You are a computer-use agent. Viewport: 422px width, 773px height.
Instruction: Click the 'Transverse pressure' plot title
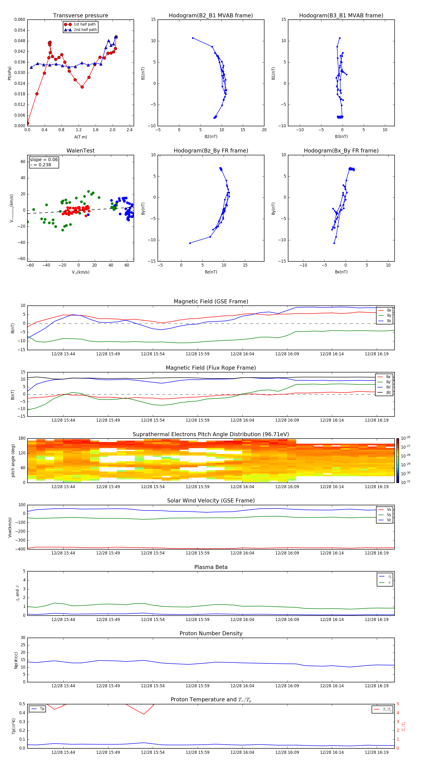(80, 16)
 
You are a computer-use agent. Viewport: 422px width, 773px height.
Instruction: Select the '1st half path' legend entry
(84, 24)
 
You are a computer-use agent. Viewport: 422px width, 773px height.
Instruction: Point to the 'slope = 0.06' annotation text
(44, 160)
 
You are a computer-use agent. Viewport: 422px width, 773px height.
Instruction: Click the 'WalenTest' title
(80, 151)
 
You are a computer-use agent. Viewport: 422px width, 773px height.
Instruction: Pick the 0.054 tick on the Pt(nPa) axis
(20, 30)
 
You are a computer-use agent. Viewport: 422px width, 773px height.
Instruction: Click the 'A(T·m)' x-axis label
(80, 137)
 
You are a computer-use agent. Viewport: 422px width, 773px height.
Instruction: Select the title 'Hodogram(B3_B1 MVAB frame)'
(341, 16)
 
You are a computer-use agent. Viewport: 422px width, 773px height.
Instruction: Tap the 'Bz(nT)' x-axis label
(211, 272)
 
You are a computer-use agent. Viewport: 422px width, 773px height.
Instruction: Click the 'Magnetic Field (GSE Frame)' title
(211, 301)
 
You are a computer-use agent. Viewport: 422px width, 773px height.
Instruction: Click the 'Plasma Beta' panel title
(211, 567)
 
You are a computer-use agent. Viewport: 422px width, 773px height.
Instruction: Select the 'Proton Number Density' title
(211, 633)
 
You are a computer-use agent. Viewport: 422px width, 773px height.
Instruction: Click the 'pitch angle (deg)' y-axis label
(13, 461)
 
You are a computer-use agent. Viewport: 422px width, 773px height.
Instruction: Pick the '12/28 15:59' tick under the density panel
(197, 686)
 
